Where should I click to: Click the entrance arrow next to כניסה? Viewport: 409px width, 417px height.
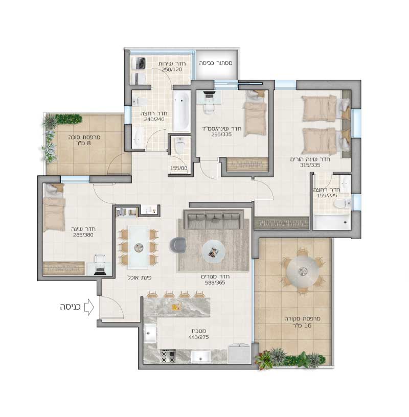pyautogui.click(x=89, y=307)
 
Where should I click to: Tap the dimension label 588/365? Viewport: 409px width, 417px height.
pyautogui.click(x=215, y=283)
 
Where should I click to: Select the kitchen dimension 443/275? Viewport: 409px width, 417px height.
pyautogui.click(x=198, y=337)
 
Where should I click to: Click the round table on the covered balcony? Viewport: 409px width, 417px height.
pyautogui.click(x=303, y=271)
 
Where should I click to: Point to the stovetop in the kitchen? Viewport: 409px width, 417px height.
pyautogui.click(x=168, y=356)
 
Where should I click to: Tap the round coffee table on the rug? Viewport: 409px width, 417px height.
pyautogui.click(x=213, y=251)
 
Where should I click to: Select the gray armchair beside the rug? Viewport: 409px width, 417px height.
pyautogui.click(x=178, y=245)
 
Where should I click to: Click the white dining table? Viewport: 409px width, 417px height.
pyautogui.click(x=138, y=247)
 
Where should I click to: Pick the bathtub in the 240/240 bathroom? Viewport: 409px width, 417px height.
pyautogui.click(x=181, y=111)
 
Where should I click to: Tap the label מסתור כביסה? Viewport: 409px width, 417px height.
pyautogui.click(x=216, y=63)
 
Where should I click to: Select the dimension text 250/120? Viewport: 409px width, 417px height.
pyautogui.click(x=172, y=69)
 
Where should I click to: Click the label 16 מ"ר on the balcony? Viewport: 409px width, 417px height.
pyautogui.click(x=302, y=326)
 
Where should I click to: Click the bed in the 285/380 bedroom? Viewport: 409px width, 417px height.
pyautogui.click(x=54, y=207)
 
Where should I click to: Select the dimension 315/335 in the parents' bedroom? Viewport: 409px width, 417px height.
pyautogui.click(x=310, y=165)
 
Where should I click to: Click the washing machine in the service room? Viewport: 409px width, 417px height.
pyautogui.click(x=139, y=63)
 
